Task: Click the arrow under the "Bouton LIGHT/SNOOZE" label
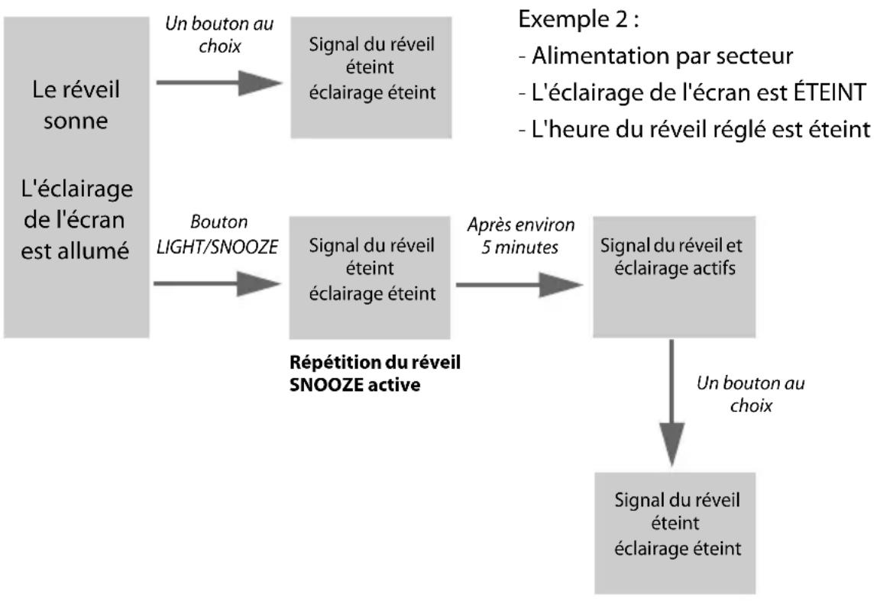(217, 285)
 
